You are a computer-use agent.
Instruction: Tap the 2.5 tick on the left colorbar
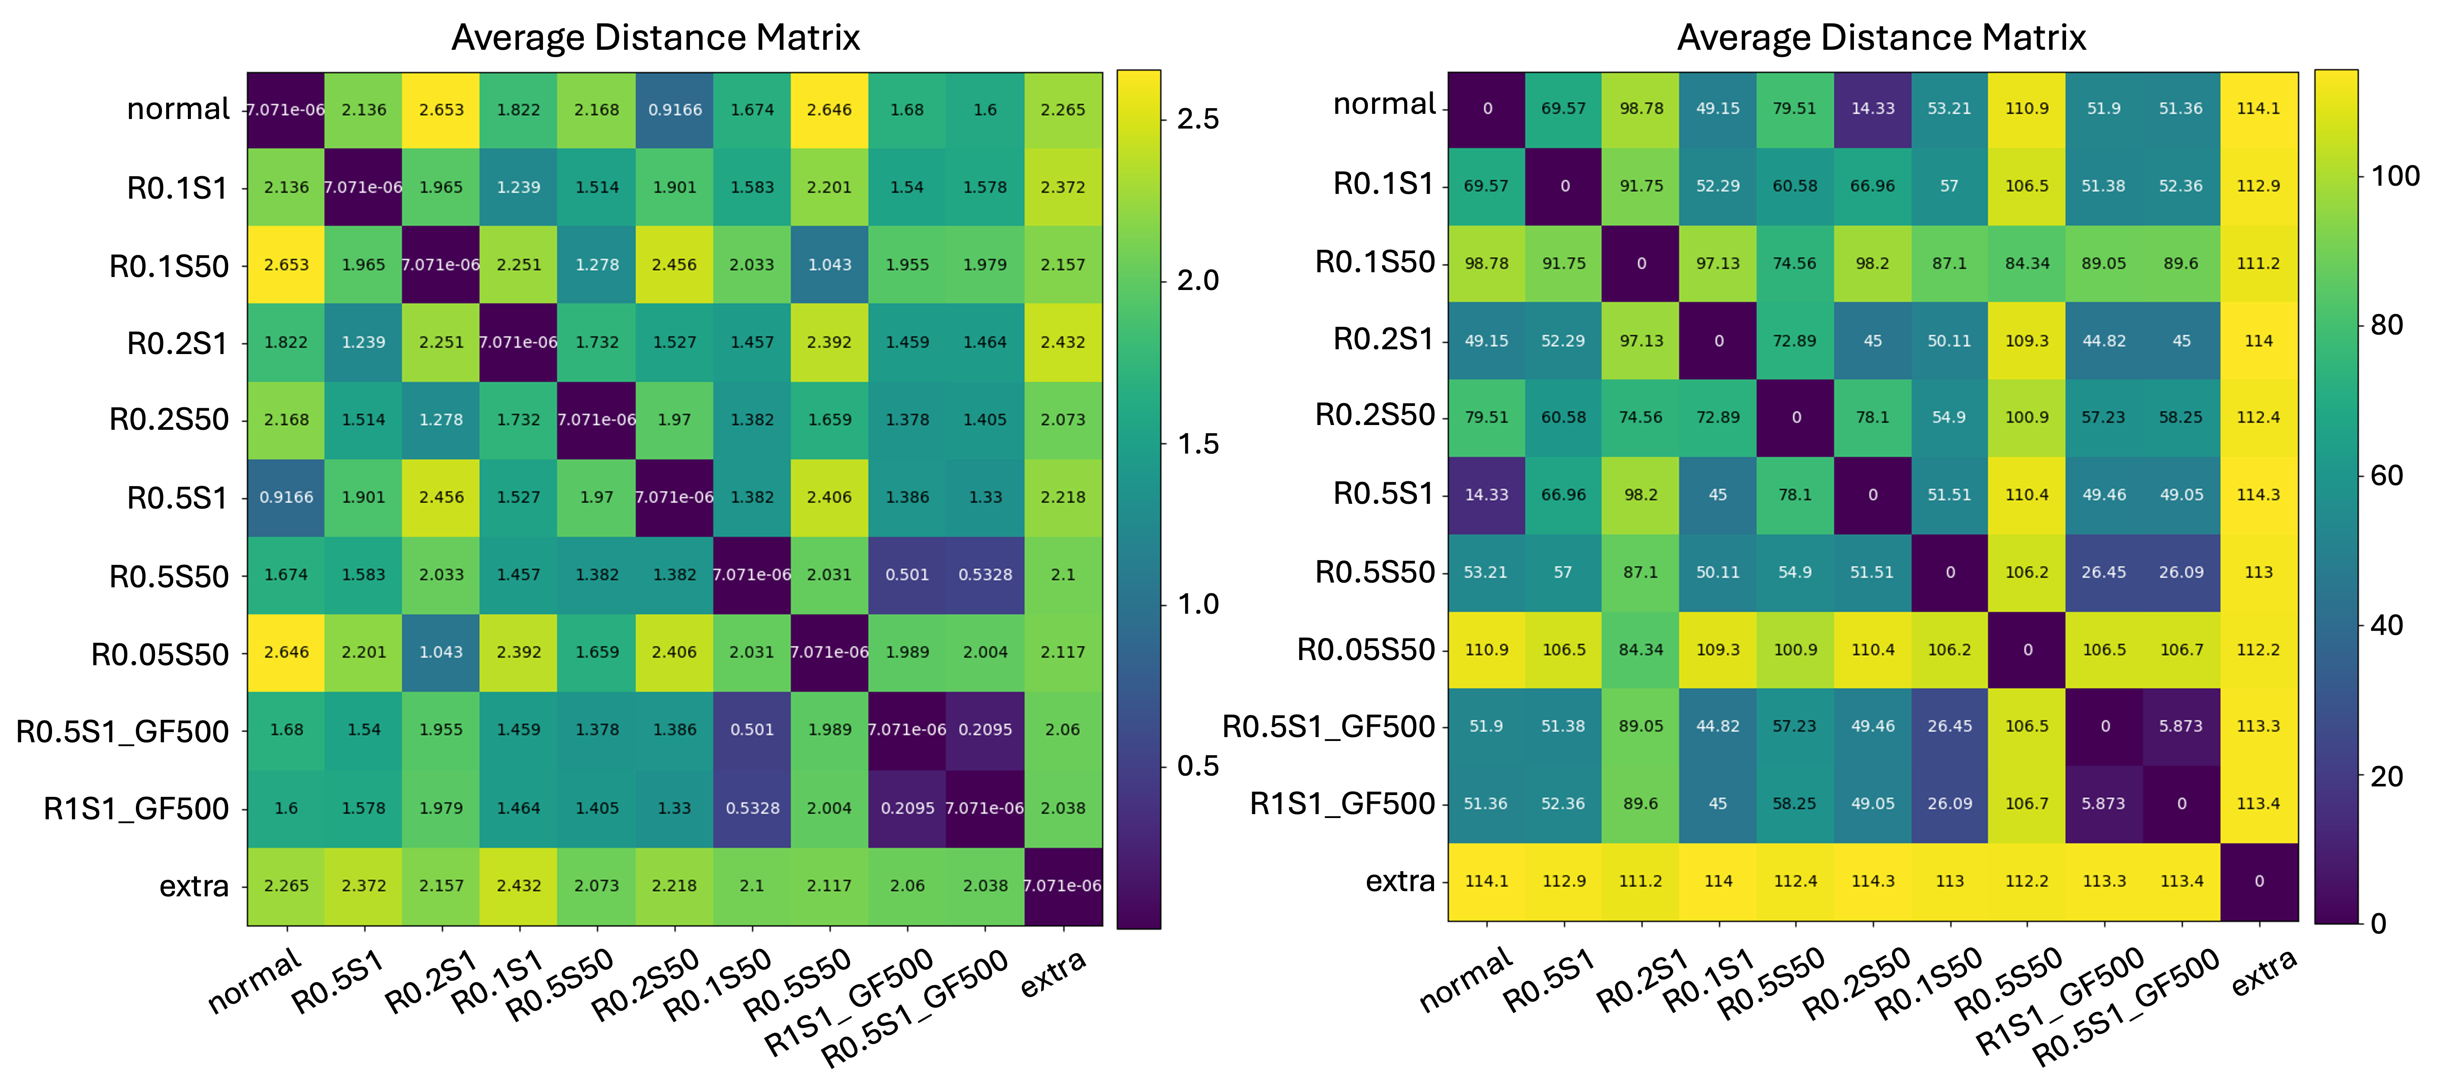coord(1197,119)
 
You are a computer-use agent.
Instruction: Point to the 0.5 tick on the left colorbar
coord(1197,766)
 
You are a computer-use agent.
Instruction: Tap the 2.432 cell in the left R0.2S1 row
coord(1063,342)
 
